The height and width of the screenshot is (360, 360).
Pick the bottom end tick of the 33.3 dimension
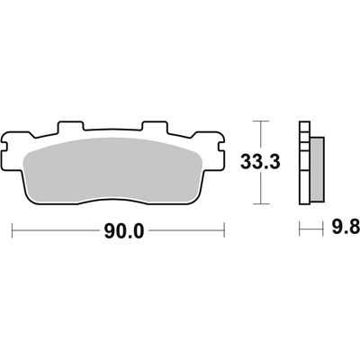(x=261, y=206)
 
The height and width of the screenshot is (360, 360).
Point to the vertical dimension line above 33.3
(x=261, y=135)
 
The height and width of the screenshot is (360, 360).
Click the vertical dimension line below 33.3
(x=261, y=191)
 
